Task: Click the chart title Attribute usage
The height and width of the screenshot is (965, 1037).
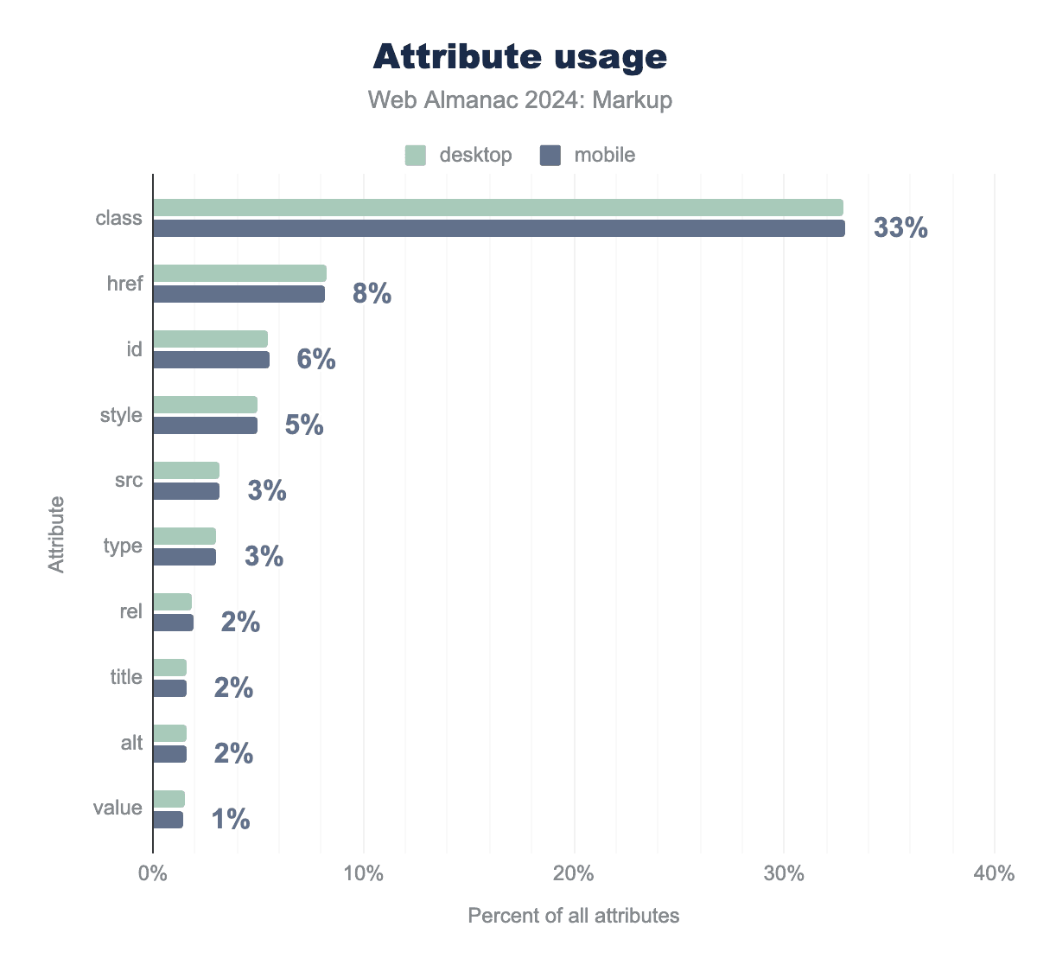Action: (520, 57)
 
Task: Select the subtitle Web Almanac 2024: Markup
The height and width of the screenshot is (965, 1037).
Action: (520, 100)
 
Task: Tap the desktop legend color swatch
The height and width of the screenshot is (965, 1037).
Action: (416, 156)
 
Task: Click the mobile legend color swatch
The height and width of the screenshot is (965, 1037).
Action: (550, 156)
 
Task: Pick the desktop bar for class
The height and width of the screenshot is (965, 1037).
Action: (498, 208)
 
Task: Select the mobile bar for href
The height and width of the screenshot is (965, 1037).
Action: (239, 294)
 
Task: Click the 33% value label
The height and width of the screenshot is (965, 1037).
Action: (900, 228)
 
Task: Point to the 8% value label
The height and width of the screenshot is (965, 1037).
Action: (372, 294)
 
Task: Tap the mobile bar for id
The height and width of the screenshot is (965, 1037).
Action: (211, 360)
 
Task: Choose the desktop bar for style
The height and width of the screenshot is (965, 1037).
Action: (205, 405)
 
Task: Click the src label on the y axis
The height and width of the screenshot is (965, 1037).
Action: (129, 480)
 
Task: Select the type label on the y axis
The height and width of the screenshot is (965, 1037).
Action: (123, 546)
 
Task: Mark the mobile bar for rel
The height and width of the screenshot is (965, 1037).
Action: (173, 623)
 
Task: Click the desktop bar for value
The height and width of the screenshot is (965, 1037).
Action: (169, 799)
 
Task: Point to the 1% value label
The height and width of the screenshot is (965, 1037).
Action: (231, 819)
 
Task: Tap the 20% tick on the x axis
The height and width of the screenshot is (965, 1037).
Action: (574, 873)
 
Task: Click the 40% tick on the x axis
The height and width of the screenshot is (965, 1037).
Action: (994, 873)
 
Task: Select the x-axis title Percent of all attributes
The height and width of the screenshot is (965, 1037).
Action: (574, 916)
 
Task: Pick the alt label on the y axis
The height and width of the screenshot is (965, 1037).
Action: (131, 743)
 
